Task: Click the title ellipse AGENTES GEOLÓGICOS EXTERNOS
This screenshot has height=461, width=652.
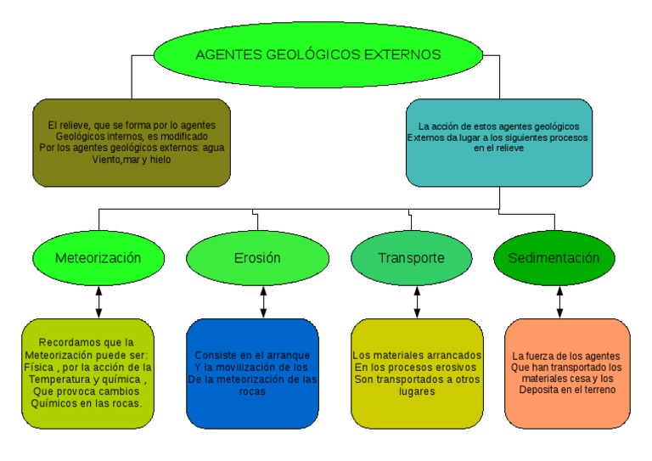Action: [x=318, y=54]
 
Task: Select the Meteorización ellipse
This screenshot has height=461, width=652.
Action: [x=98, y=257]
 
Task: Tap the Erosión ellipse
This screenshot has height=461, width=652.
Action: [x=257, y=257]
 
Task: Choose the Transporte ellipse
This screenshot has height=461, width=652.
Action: [x=411, y=257]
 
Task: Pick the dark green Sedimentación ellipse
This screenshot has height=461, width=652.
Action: [x=554, y=257]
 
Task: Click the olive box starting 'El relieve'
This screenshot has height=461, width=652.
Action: [x=132, y=142]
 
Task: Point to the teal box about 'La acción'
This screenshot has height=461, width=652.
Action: [x=498, y=142]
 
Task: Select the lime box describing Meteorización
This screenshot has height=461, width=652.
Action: [x=88, y=374]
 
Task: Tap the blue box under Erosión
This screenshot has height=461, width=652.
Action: [x=253, y=374]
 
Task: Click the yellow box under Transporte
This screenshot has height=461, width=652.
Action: [x=417, y=374]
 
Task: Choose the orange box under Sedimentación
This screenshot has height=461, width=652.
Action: [x=567, y=374]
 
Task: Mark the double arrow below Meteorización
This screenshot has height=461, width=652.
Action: [x=99, y=301]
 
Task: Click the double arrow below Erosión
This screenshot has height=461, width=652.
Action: [x=263, y=301]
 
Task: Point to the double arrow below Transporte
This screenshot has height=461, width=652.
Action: [x=417, y=301]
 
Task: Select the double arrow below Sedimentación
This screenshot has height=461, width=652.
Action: [x=559, y=301]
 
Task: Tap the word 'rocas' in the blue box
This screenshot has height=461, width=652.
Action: [x=253, y=392]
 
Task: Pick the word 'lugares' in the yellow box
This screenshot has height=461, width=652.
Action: [x=416, y=392]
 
